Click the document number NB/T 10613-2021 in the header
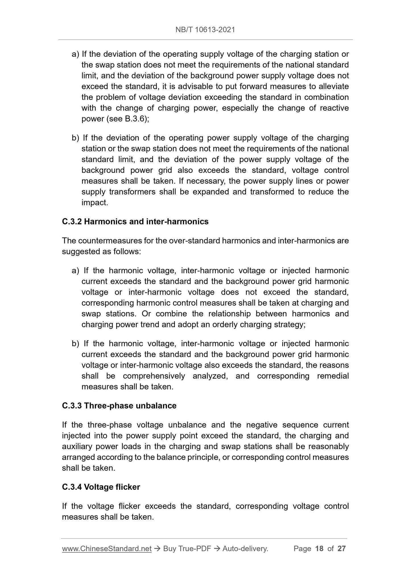(205, 30)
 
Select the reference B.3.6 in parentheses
(136, 119)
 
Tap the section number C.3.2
(72, 222)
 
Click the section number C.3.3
(72, 405)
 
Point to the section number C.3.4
(72, 487)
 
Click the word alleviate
(332, 86)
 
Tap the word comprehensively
(154, 376)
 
